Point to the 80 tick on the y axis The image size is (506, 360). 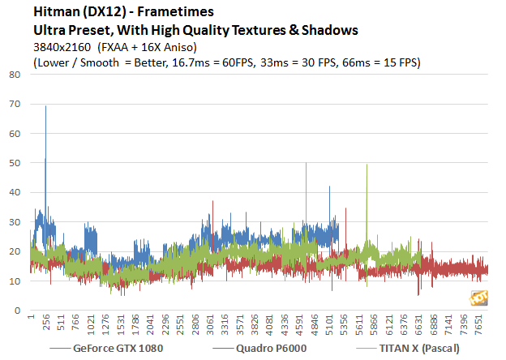point(15,75)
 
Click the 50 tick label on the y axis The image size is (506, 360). point(15,163)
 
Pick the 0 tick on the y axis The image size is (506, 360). point(17,311)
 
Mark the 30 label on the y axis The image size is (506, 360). point(15,222)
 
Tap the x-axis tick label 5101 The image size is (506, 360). point(328,324)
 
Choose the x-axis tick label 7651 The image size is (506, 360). point(478,324)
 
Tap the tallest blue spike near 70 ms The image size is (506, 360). point(45,107)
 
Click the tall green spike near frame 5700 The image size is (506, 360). point(367,166)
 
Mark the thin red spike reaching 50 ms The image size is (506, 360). point(306,165)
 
